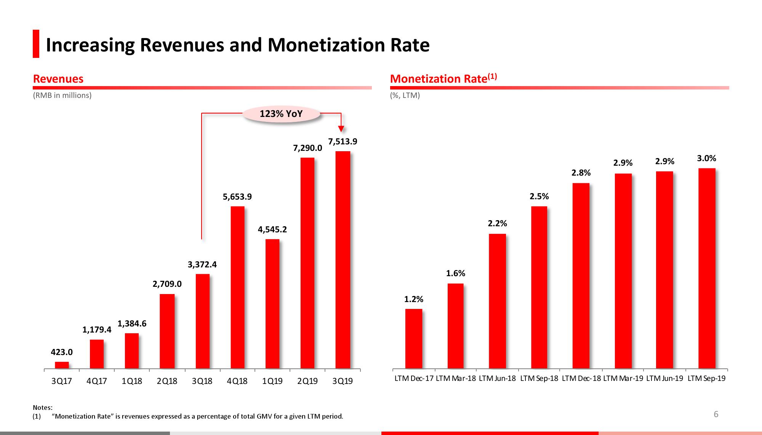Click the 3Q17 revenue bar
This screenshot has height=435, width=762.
62,365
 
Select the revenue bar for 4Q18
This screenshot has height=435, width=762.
237,287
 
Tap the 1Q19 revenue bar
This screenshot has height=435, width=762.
272,304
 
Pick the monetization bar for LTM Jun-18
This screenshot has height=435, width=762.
497,301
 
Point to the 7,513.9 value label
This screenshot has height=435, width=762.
343,142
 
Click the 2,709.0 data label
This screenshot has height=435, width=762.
167,284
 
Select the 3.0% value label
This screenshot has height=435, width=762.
706,158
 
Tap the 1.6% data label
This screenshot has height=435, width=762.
456,273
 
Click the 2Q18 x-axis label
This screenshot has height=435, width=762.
167,381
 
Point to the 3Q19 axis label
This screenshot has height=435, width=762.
343,381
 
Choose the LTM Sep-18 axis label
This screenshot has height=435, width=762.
539,379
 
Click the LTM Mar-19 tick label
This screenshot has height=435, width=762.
623,379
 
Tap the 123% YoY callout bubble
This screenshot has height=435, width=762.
281,114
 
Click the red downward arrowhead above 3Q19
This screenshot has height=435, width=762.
341,129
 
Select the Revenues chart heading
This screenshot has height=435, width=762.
58,79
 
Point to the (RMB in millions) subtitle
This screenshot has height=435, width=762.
62,95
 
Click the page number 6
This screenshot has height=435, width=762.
716,414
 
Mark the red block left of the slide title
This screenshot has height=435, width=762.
36,44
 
